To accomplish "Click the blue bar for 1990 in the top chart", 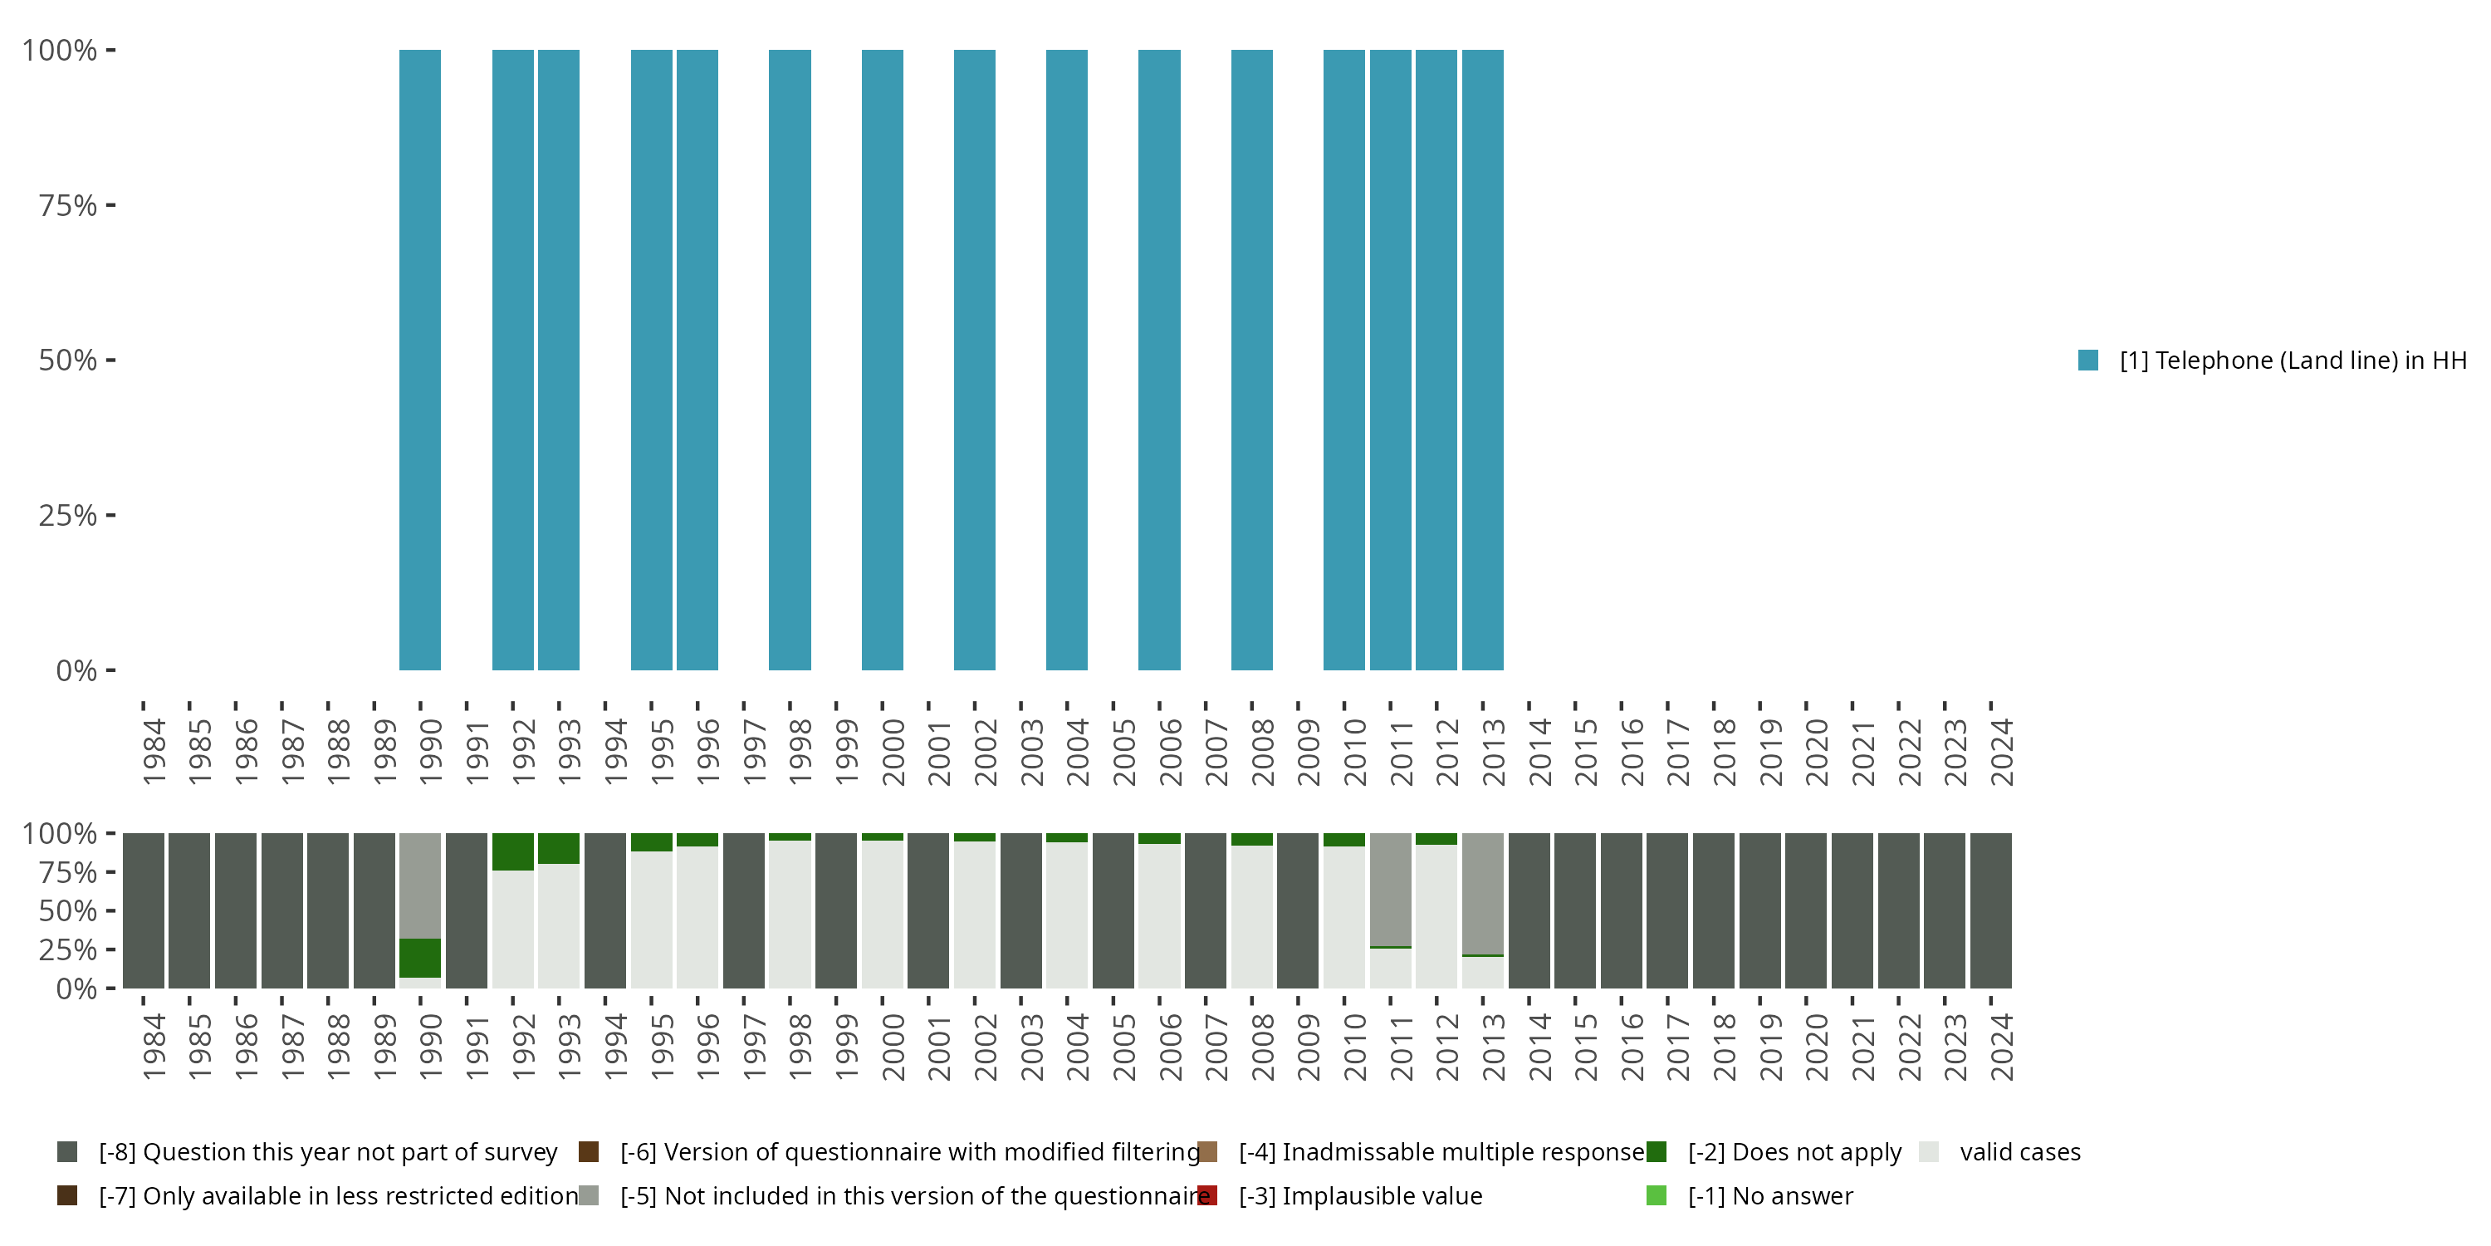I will pos(419,360).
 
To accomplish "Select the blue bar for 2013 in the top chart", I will pos(1482,360).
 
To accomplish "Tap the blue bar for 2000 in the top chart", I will pos(882,360).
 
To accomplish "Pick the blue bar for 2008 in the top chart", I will pos(1251,360).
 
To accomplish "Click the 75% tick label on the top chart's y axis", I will pos(68,205).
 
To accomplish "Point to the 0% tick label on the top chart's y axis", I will pos(76,670).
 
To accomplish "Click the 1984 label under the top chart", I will pos(154,752).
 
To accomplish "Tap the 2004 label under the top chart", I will pos(1077,752).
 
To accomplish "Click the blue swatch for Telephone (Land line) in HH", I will pos(2087,360).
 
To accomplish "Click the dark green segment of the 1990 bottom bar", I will pos(419,958).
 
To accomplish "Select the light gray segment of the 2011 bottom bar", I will pos(1391,889).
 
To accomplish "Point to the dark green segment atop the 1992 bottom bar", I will pos(512,851).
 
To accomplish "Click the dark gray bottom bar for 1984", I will pos(143,910).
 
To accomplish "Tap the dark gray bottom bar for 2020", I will pos(1805,910).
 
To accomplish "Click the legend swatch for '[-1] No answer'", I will pos(1656,1195).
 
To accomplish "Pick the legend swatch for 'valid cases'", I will pos(1928,1152).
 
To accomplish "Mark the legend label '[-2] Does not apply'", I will pos(1794,1152).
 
